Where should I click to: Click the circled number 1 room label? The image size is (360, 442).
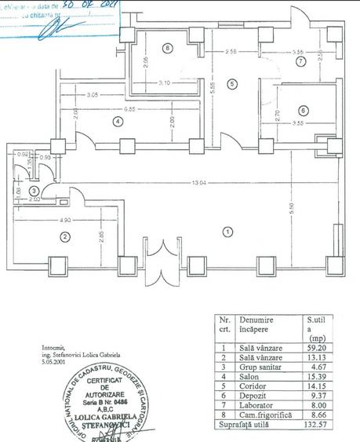(227, 232)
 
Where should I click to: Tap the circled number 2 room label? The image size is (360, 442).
(67, 236)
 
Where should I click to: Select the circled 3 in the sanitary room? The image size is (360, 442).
(34, 191)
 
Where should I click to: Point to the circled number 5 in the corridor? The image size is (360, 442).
(232, 84)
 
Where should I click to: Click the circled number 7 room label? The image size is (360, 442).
(300, 62)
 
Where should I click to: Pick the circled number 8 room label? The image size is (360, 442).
(167, 48)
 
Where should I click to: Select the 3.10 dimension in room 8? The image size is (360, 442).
(163, 82)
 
